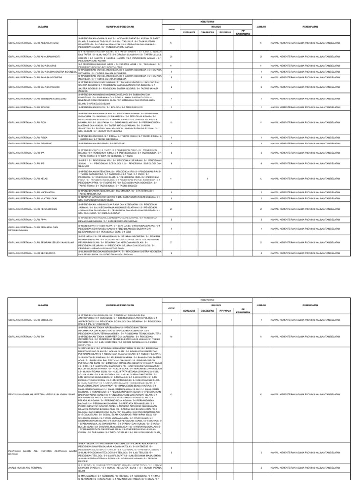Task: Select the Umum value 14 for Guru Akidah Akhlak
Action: point(171,43)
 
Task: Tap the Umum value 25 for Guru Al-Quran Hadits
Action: point(171,56)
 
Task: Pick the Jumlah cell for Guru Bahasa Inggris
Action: point(261,87)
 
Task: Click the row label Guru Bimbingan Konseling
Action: point(37,99)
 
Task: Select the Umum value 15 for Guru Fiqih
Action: point(171,122)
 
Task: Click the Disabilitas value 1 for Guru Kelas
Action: point(207,179)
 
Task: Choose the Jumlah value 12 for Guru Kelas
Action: point(261,179)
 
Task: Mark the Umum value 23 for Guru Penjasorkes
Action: point(171,209)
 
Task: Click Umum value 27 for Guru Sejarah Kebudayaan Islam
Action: point(171,242)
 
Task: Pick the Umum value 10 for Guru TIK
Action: point(171,336)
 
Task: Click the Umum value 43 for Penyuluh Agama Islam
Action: point(171,394)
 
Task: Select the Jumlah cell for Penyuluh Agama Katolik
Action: point(261,452)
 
